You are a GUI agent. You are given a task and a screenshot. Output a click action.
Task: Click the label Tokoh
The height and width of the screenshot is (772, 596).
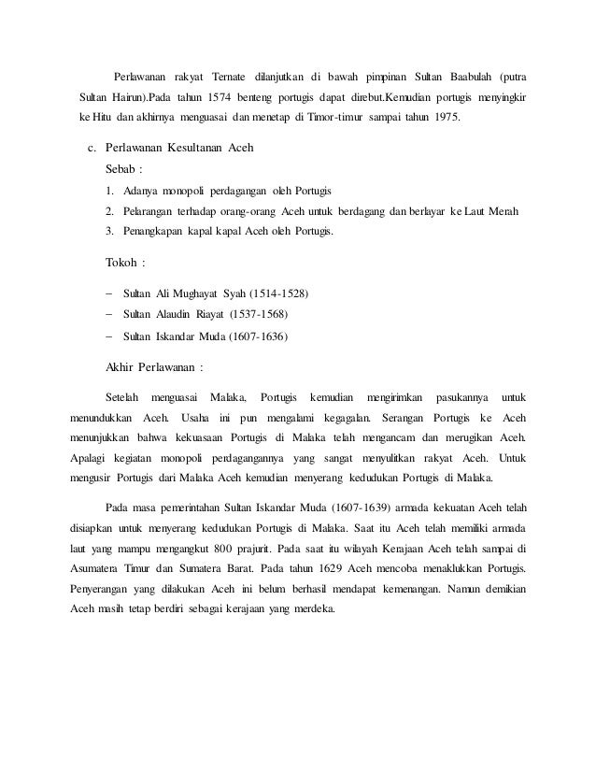pos(122,261)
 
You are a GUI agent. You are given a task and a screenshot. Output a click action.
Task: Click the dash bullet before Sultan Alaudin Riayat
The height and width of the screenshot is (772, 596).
pos(109,316)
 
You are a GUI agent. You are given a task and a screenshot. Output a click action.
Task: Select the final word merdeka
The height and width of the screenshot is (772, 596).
pos(316,613)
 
